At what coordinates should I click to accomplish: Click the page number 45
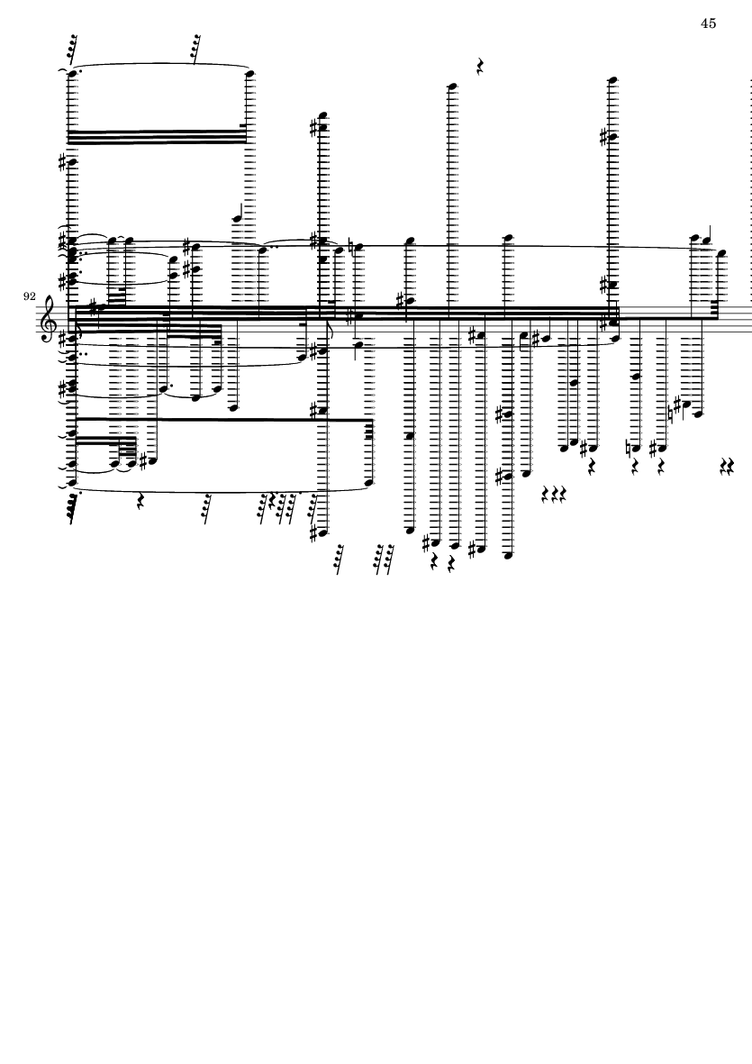[708, 23]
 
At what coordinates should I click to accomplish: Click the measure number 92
[30, 296]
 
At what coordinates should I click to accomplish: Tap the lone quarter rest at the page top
[481, 67]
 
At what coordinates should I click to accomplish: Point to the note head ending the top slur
[249, 73]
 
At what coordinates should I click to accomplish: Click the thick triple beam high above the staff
[158, 136]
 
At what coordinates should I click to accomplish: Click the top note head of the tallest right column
[612, 79]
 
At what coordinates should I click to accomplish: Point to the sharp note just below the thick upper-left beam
[70, 162]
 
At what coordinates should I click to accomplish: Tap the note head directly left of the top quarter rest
[454, 86]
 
